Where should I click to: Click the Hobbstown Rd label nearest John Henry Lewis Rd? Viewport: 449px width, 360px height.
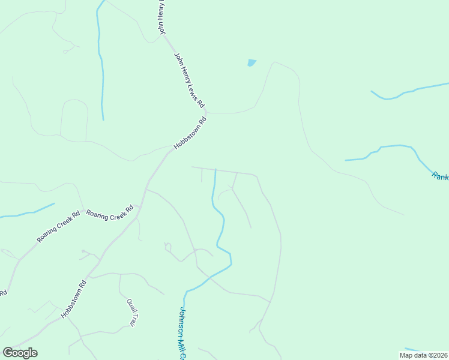(x=190, y=133)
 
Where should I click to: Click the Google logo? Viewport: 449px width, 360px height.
(x=20, y=353)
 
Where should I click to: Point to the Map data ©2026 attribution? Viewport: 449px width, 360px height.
(x=423, y=355)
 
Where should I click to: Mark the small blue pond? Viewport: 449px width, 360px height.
(x=252, y=62)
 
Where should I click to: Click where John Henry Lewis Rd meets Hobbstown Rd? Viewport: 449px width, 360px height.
(x=206, y=112)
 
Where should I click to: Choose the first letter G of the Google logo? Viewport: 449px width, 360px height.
(x=7, y=353)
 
